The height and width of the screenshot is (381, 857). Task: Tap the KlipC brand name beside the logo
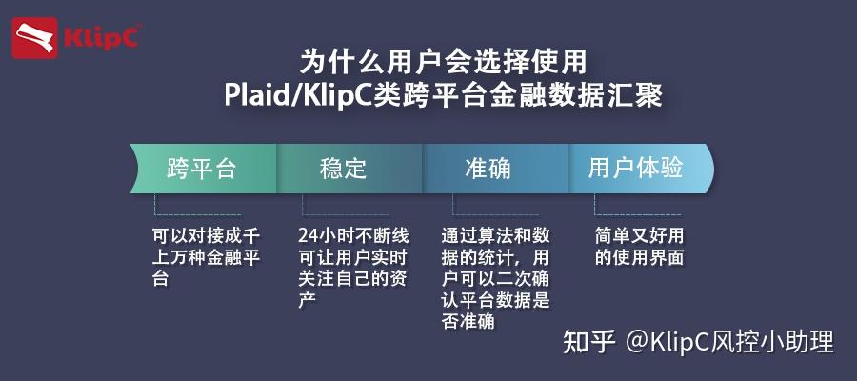[101, 39]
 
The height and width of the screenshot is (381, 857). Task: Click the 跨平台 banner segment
[202, 170]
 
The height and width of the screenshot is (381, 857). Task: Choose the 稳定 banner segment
[344, 170]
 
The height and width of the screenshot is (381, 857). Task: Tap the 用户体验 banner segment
[635, 170]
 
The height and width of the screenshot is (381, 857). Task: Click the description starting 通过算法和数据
[496, 277]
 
